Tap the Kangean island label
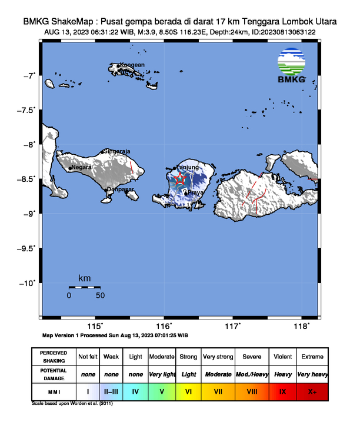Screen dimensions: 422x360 pyautogui.click(x=133, y=65)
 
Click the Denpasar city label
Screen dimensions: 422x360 pyautogui.click(x=120, y=189)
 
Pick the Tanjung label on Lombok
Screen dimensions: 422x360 pyautogui.click(x=188, y=167)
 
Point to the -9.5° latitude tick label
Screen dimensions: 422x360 pyautogui.click(x=26, y=248)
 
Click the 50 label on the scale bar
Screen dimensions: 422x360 pyautogui.click(x=100, y=295)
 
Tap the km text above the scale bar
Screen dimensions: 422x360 pyautogui.click(x=84, y=277)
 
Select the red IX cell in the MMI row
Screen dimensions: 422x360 pyautogui.click(x=283, y=390)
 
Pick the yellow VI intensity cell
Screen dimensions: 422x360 pyautogui.click(x=188, y=390)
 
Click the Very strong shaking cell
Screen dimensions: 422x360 pyautogui.click(x=217, y=357)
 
